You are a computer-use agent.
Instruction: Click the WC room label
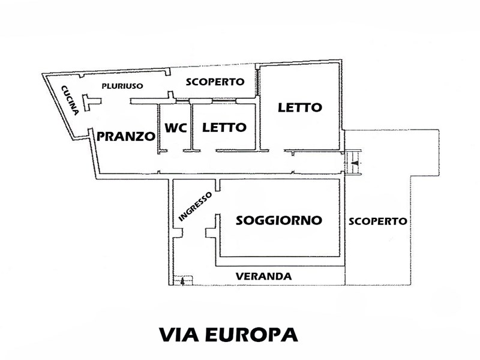pyautogui.click(x=176, y=128)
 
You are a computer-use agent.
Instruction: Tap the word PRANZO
pyautogui.click(x=126, y=136)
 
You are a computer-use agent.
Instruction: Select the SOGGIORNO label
pyautogui.click(x=279, y=220)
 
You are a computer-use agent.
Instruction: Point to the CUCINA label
pyautogui.click(x=70, y=100)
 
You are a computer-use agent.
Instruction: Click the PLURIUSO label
pyautogui.click(x=122, y=86)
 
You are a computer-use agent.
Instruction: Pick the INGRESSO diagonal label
pyautogui.click(x=195, y=206)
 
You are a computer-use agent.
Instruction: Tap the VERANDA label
pyautogui.click(x=263, y=277)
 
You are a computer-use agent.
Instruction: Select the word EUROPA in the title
pyautogui.click(x=251, y=335)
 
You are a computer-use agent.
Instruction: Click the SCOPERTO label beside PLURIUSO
pyautogui.click(x=215, y=82)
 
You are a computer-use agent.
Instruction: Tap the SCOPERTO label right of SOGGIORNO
pyautogui.click(x=378, y=221)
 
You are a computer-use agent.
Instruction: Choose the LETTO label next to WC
pyautogui.click(x=224, y=127)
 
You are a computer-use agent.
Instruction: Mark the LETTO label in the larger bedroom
pyautogui.click(x=300, y=107)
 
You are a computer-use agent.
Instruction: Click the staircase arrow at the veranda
pyautogui.click(x=182, y=281)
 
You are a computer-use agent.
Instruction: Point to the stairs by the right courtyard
pyautogui.click(x=353, y=162)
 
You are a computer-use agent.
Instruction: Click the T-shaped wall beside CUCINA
pyautogui.click(x=91, y=103)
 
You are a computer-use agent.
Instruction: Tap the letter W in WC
pyautogui.click(x=171, y=128)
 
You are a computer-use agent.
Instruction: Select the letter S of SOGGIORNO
pyautogui.click(x=240, y=220)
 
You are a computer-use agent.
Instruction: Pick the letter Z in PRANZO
pyautogui.click(x=139, y=137)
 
